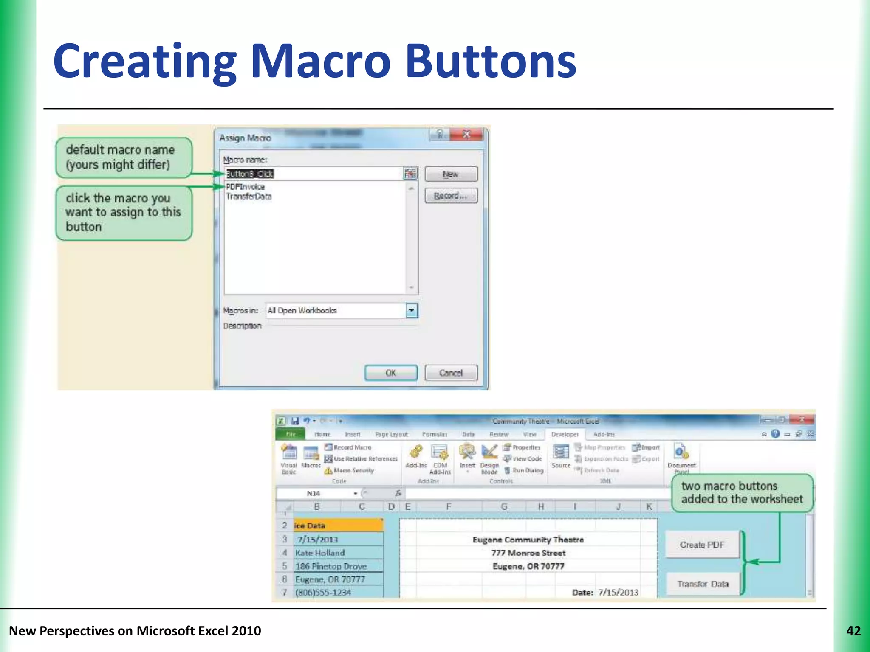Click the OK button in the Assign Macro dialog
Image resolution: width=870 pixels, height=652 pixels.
click(x=391, y=373)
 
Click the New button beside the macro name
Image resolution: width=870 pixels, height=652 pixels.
click(x=451, y=174)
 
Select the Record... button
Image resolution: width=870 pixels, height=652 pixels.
click(x=451, y=196)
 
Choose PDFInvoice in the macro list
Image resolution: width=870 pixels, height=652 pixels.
click(x=246, y=187)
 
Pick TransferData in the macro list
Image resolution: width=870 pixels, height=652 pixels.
click(x=249, y=196)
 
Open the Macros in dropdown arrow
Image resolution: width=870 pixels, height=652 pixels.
click(x=411, y=310)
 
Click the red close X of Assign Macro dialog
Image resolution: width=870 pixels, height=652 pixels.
click(x=466, y=135)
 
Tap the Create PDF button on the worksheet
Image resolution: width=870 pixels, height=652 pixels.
click(x=702, y=545)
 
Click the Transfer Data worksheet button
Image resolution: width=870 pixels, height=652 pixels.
click(x=703, y=584)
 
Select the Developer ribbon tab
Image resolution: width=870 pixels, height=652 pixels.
click(x=565, y=434)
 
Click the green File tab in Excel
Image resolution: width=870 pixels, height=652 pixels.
click(x=291, y=434)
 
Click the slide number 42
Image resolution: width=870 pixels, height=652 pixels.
click(x=853, y=631)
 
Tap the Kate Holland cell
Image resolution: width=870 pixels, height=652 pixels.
click(x=320, y=553)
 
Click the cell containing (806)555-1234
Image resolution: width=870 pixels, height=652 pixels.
click(x=323, y=592)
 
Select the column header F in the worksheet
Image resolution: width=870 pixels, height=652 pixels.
click(x=448, y=506)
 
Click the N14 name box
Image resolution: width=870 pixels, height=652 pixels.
click(x=314, y=493)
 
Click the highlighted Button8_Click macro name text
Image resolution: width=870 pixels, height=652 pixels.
click(x=250, y=174)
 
